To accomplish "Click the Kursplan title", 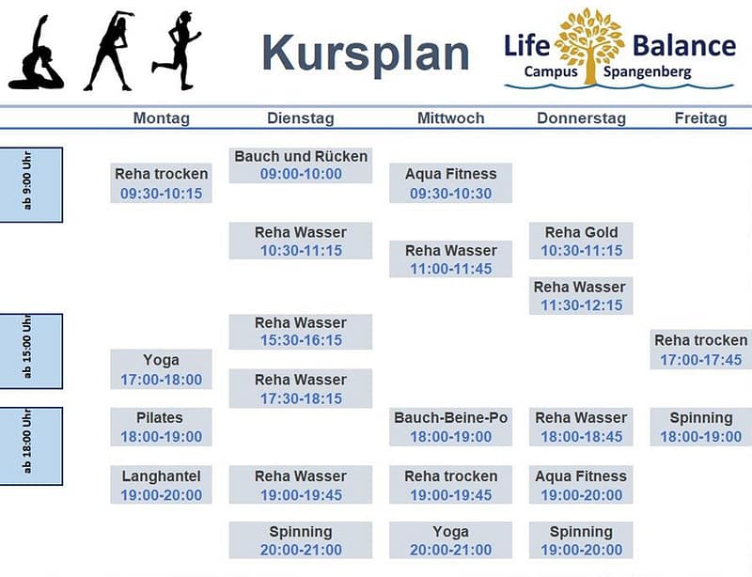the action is [x=366, y=54].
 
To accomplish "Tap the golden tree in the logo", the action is [x=590, y=45].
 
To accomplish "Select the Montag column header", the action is [x=161, y=118].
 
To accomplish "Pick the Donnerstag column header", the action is [x=581, y=118].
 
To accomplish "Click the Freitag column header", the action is [x=700, y=118].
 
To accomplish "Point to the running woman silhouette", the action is [x=177, y=50].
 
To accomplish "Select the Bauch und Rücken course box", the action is [x=301, y=165].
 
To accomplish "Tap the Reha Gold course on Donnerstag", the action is [x=581, y=241].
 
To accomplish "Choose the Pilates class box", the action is [x=161, y=427].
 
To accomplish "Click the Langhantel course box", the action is [x=161, y=485].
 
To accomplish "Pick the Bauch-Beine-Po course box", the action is [x=451, y=427].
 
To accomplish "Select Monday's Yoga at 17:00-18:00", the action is [x=161, y=369].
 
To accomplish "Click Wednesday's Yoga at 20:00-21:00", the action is [x=451, y=540].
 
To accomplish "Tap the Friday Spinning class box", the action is [x=701, y=427].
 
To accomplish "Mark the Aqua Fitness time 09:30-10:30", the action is [x=451, y=194].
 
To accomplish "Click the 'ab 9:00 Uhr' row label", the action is [x=31, y=185].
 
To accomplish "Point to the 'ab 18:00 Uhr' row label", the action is [x=31, y=446].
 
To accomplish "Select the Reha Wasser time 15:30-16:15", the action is [x=301, y=340].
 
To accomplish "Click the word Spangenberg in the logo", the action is [x=648, y=72].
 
